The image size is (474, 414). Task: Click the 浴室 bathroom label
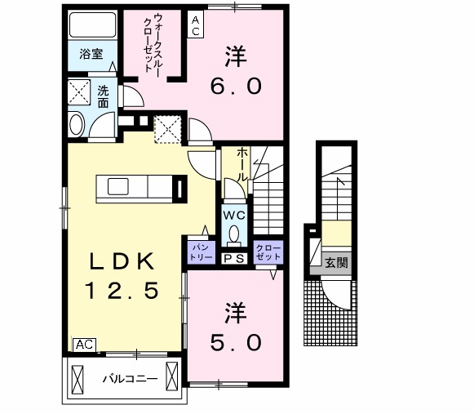click(x=91, y=55)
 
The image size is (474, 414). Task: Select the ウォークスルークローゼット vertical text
click(x=153, y=45)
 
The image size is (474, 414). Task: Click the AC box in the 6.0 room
click(x=196, y=23)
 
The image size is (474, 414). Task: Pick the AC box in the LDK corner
click(x=84, y=345)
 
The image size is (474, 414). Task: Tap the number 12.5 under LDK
click(x=122, y=289)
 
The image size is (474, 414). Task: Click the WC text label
click(x=234, y=216)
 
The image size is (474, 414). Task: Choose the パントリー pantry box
click(x=202, y=251)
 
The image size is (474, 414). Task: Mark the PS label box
click(x=234, y=258)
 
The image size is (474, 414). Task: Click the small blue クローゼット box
click(x=268, y=251)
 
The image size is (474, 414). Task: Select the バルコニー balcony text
click(x=125, y=380)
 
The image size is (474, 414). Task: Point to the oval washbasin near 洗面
click(x=77, y=124)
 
